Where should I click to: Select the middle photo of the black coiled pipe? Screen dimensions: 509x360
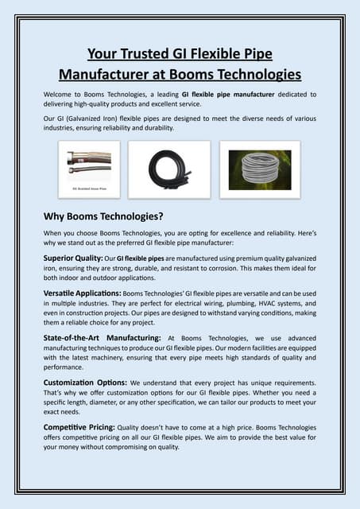[x=169, y=169]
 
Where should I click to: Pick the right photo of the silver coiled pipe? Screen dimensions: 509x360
[x=260, y=169]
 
